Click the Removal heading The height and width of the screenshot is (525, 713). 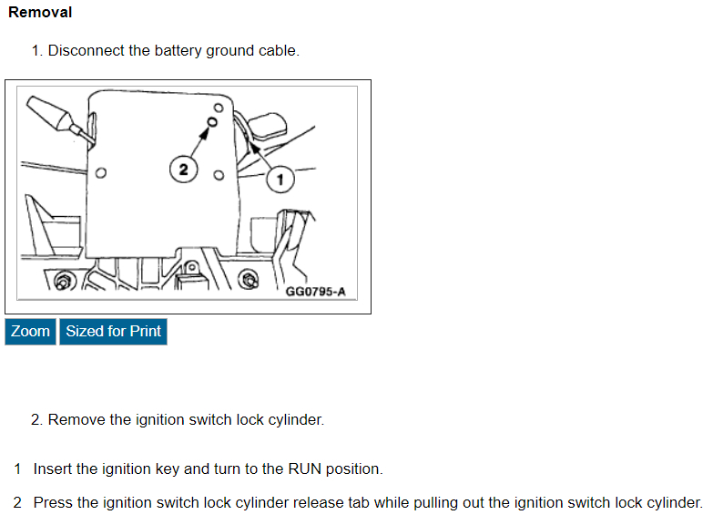(x=40, y=13)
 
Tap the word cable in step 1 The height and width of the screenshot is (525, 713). (x=280, y=51)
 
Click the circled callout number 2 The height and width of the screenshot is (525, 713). (x=183, y=170)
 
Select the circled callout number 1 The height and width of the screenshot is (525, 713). (x=280, y=179)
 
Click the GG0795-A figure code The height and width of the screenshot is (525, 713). (x=315, y=292)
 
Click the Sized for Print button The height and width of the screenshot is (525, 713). (x=113, y=332)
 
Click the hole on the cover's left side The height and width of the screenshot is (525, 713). (x=101, y=171)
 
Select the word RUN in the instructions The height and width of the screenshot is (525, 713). (x=303, y=469)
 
